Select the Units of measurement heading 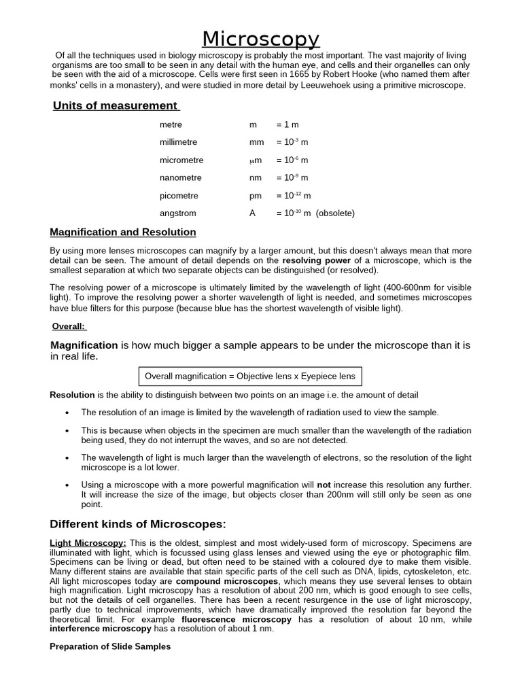(115, 105)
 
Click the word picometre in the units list (178, 196)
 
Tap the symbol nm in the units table (256, 178)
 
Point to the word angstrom (177, 213)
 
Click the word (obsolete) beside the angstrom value (335, 213)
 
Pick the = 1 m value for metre (288, 125)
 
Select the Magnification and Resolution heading (123, 232)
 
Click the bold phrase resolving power (317, 260)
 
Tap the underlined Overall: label (69, 326)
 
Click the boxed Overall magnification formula (250, 377)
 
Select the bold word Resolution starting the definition (72, 395)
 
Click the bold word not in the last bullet (324, 485)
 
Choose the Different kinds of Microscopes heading (138, 524)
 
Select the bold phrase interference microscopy (99, 629)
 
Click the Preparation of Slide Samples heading (110, 647)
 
